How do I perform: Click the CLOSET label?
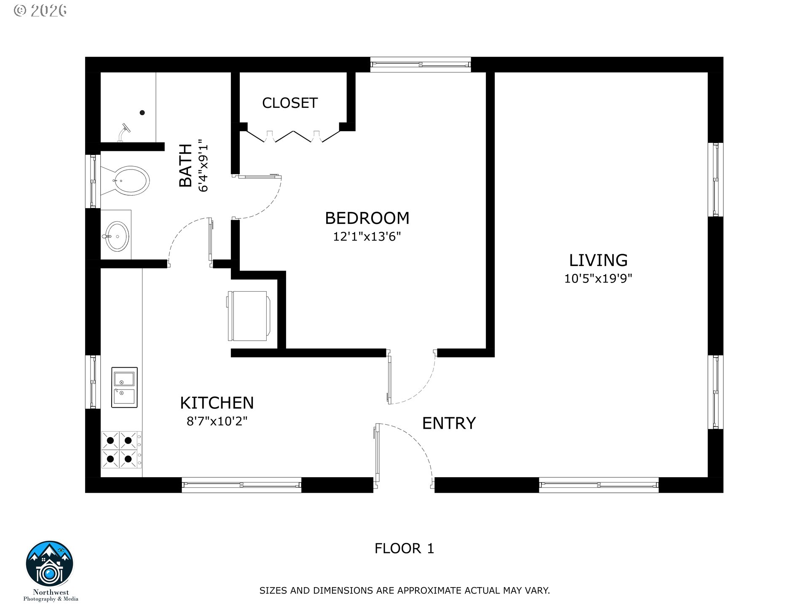click(289, 103)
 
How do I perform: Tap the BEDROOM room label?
click(367, 218)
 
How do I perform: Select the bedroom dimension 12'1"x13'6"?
click(367, 236)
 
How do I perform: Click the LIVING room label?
click(598, 260)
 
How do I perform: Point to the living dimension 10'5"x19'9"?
click(598, 279)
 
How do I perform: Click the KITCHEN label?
click(217, 403)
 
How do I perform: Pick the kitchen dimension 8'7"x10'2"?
click(217, 421)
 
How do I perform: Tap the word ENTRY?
click(449, 423)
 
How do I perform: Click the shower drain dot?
click(142, 113)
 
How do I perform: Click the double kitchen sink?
click(124, 387)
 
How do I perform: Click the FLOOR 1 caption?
click(404, 548)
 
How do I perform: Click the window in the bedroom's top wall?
click(421, 64)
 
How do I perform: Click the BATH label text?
click(186, 165)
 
